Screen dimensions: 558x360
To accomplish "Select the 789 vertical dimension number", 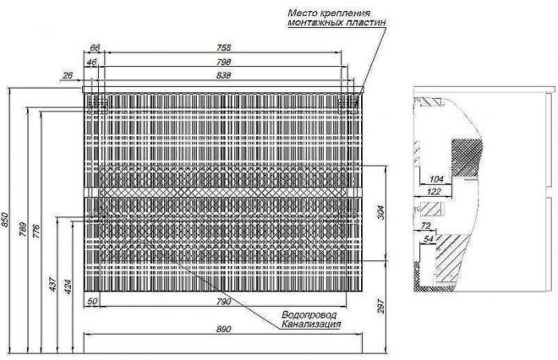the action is (22, 229).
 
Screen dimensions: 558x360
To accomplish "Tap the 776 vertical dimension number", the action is (36, 231).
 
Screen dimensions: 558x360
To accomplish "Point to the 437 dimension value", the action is (53, 284).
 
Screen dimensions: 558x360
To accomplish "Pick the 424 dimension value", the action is (68, 287).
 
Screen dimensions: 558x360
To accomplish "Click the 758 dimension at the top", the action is (224, 47).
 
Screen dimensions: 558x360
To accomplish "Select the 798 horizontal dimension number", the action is (224, 61).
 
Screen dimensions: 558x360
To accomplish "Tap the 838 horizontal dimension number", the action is (223, 76).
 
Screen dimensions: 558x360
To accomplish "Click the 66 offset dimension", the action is (95, 47).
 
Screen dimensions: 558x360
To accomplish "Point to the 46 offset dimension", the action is (92, 62).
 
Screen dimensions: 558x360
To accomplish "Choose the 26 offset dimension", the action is (67, 76).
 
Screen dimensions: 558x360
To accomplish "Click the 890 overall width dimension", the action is (223, 329).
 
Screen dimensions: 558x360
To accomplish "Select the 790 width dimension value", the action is (223, 302).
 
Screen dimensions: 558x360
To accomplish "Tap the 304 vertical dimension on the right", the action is (381, 213).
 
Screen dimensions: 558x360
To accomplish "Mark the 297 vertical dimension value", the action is (381, 306).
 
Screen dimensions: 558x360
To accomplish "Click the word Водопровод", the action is (309, 315).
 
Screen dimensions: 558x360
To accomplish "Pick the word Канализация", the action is (312, 324).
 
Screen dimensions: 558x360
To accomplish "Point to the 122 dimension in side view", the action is (434, 191).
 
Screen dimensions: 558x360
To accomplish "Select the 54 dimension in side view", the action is (429, 239).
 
